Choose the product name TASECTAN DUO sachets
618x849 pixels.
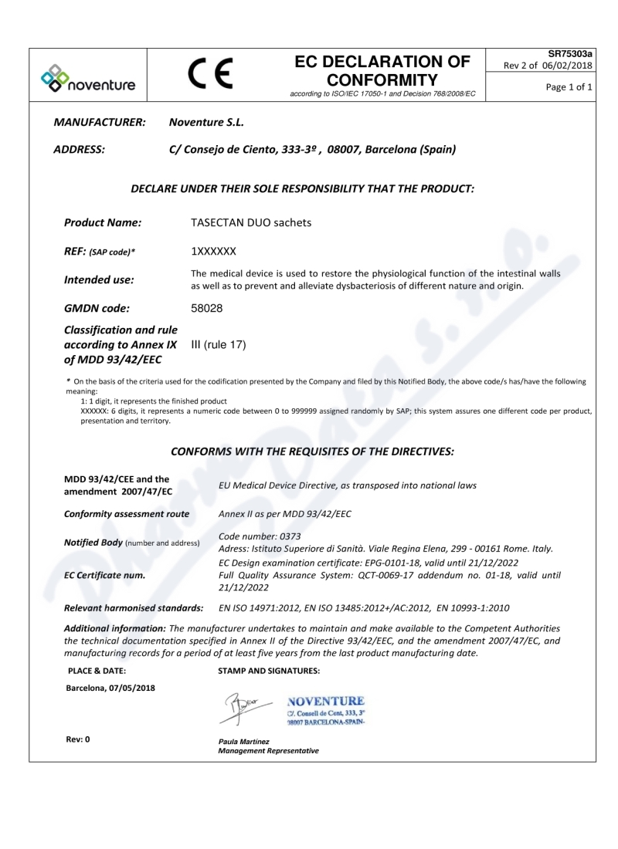pyautogui.click(x=251, y=222)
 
